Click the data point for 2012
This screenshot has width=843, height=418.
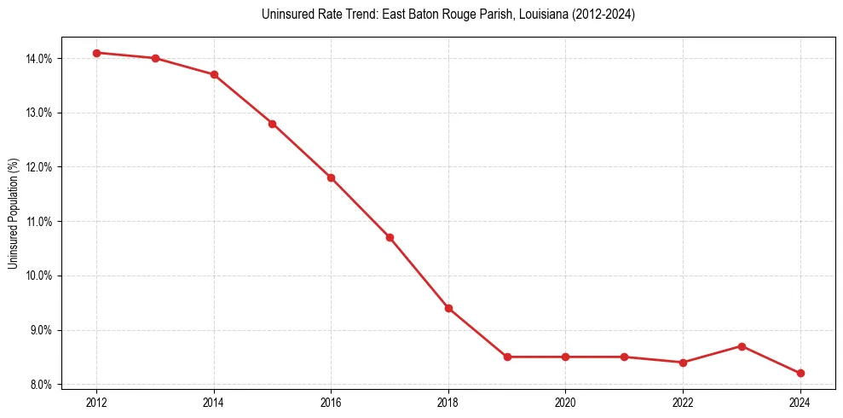coord(96,53)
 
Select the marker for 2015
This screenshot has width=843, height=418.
coord(273,124)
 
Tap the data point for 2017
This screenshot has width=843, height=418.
coord(390,237)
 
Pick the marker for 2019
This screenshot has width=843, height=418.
coord(507,357)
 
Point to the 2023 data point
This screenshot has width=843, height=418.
coord(742,346)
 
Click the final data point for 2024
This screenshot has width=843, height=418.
coord(800,373)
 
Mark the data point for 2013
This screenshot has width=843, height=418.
coord(155,58)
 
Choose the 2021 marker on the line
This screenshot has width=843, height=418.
coord(624,357)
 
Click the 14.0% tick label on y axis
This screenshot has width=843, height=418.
coord(40,58)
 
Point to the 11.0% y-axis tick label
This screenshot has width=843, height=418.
coord(40,222)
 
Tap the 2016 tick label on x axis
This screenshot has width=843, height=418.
coord(331,401)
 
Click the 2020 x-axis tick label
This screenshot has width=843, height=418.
coord(565,401)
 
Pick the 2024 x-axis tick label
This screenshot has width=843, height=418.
coord(800,401)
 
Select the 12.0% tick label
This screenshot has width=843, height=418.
coord(40,167)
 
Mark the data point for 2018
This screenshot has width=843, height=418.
coord(448,308)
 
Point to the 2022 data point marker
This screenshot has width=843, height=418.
coord(683,363)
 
